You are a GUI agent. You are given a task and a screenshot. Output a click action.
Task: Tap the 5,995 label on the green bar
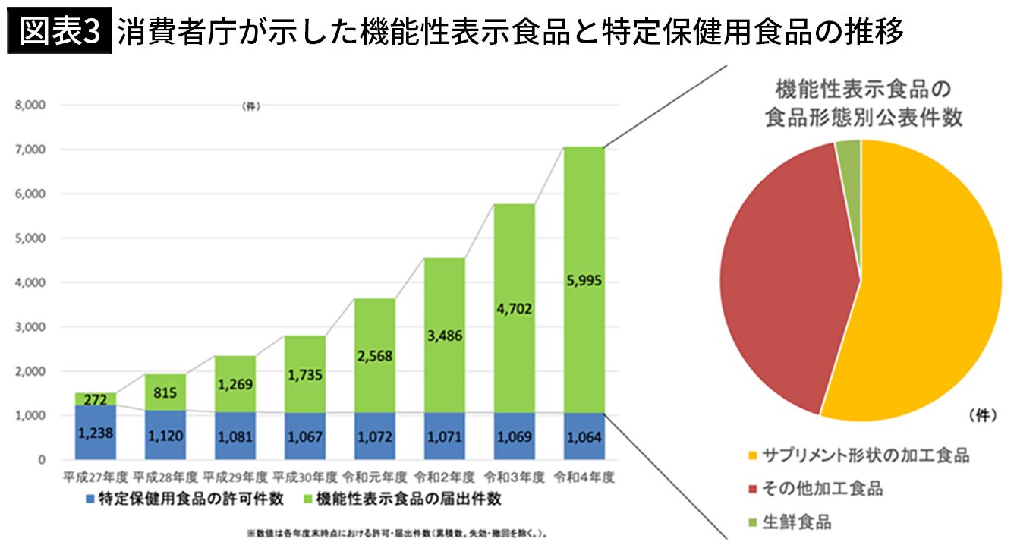pyautogui.click(x=584, y=281)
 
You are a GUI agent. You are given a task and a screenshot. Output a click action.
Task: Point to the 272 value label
pyautogui.click(x=96, y=399)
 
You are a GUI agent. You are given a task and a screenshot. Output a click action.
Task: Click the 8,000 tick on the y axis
pyautogui.click(x=31, y=106)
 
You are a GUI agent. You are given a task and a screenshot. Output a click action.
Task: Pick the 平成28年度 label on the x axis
pyautogui.click(x=165, y=478)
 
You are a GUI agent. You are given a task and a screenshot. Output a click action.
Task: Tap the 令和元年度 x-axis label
pyautogui.click(x=375, y=478)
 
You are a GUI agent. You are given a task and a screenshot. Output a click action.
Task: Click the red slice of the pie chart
pyautogui.click(x=782, y=273)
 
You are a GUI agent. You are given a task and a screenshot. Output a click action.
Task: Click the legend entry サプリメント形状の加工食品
pyautogui.click(x=865, y=455)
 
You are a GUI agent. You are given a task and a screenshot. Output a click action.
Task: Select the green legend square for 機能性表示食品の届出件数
pyautogui.click(x=307, y=500)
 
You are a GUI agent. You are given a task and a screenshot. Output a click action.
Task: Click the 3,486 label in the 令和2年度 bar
pyautogui.click(x=444, y=335)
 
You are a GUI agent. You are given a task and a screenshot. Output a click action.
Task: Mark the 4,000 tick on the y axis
pyautogui.click(x=31, y=283)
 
